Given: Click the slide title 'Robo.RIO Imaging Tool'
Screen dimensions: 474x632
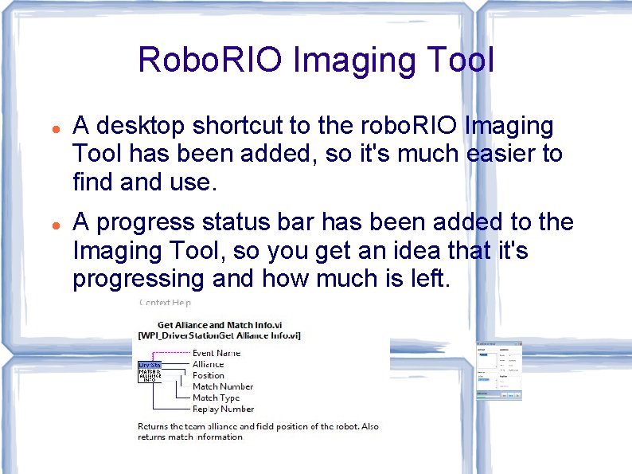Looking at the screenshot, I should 316,60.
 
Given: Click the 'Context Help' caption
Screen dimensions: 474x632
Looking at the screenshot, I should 165,302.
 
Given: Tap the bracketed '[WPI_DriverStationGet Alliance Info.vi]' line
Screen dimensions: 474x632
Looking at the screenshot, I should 219,336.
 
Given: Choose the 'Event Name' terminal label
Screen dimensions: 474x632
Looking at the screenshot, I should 217,353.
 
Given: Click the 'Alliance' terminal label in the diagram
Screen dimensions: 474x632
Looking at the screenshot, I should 208,364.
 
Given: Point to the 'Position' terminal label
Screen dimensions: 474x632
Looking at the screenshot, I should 208,375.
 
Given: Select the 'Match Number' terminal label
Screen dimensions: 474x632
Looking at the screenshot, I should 222,386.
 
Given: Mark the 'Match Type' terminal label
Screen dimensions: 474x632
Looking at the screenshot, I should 216,398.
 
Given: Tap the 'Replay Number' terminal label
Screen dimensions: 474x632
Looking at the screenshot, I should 223,409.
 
